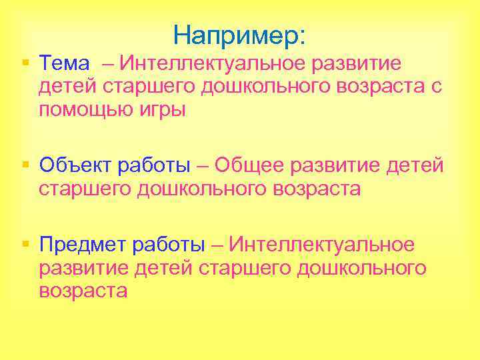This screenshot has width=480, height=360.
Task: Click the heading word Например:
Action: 239,35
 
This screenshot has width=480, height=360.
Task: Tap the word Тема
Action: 64,63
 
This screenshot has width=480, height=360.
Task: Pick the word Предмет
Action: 81,244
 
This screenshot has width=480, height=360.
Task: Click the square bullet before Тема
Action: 25,63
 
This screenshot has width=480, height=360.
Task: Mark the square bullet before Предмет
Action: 25,244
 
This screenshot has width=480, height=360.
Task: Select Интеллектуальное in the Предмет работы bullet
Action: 321,244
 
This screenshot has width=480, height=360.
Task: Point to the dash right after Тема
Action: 107,63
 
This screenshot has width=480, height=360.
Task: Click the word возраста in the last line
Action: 83,291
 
